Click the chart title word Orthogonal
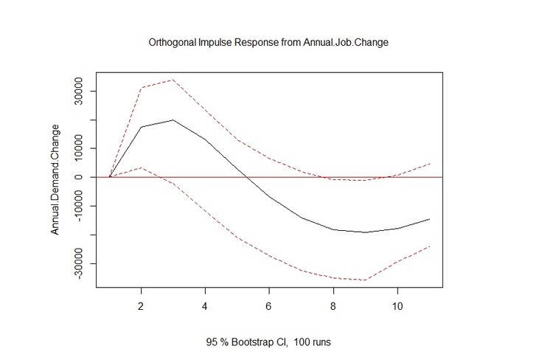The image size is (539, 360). click(x=172, y=42)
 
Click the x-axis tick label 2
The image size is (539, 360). click(x=141, y=305)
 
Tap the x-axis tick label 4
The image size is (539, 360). click(x=205, y=305)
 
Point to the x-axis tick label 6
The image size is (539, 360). click(x=269, y=305)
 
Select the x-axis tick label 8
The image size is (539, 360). click(x=333, y=305)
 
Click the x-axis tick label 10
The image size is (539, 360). click(x=397, y=305)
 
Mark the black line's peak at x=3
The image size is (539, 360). click(x=173, y=120)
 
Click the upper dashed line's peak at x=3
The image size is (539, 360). click(x=173, y=80)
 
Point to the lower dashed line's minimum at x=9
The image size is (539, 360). click(x=365, y=280)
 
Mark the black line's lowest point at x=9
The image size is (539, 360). click(x=365, y=232)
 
